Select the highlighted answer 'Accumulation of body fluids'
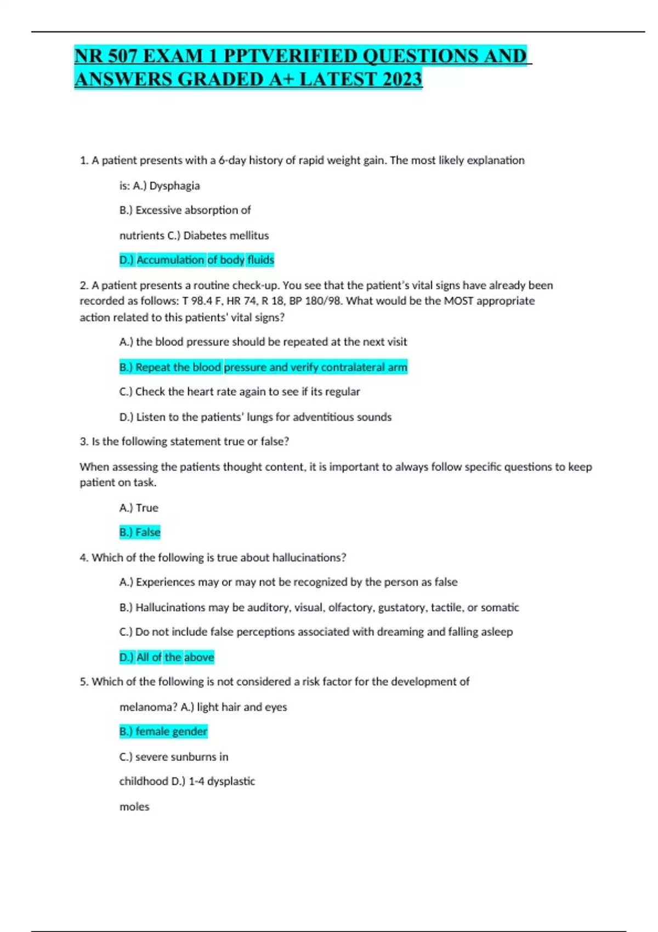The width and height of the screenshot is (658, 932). click(x=196, y=260)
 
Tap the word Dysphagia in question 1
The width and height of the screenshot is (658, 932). click(x=174, y=186)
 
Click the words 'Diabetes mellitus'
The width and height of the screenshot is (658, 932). click(x=226, y=236)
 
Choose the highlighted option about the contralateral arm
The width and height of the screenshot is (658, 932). click(x=263, y=367)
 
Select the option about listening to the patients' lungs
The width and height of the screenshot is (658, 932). click(x=255, y=417)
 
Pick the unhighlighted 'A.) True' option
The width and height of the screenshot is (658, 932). click(x=139, y=508)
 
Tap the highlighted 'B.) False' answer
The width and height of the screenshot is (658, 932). click(x=140, y=532)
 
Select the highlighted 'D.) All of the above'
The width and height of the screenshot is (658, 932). click(x=167, y=657)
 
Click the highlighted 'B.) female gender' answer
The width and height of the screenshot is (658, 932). click(x=163, y=731)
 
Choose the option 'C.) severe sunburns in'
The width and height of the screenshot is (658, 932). click(x=174, y=757)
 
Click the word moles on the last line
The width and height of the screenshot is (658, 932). click(x=134, y=807)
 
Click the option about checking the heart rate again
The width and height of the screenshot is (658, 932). click(x=240, y=392)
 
